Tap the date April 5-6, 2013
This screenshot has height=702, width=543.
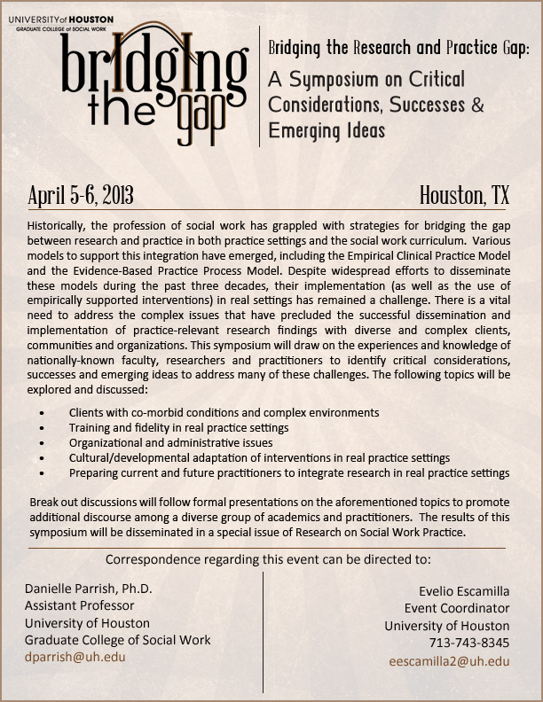[81, 195]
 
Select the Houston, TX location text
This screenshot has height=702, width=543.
[464, 195]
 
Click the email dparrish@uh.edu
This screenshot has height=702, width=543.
[75, 657]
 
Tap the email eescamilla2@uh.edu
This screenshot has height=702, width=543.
[450, 660]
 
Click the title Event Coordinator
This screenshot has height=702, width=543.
[457, 608]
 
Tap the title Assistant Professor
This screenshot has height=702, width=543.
[80, 605]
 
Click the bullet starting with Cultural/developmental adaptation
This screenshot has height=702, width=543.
[259, 457]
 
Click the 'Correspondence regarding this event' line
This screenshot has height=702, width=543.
[268, 559]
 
